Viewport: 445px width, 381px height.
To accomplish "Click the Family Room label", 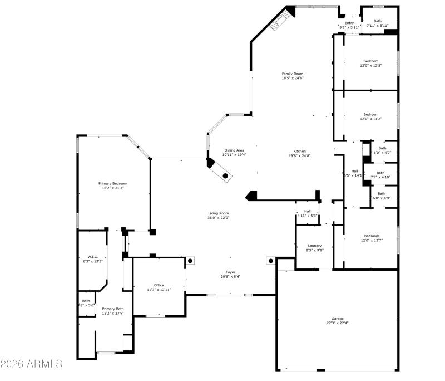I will tap(292, 74).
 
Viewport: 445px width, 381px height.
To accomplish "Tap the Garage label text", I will tap(338, 319).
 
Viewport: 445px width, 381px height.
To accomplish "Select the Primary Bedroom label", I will tap(113, 183).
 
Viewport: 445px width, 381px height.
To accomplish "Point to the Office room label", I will tap(159, 285).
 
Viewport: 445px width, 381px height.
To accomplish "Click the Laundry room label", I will tap(315, 245).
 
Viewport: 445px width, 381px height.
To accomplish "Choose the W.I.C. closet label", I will tap(92, 257).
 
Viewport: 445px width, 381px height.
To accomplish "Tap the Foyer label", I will tap(230, 272).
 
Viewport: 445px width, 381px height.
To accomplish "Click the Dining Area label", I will tap(234, 150).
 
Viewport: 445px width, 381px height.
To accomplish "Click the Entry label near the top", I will tap(349, 23).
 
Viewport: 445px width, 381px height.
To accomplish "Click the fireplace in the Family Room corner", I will tap(278, 21).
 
